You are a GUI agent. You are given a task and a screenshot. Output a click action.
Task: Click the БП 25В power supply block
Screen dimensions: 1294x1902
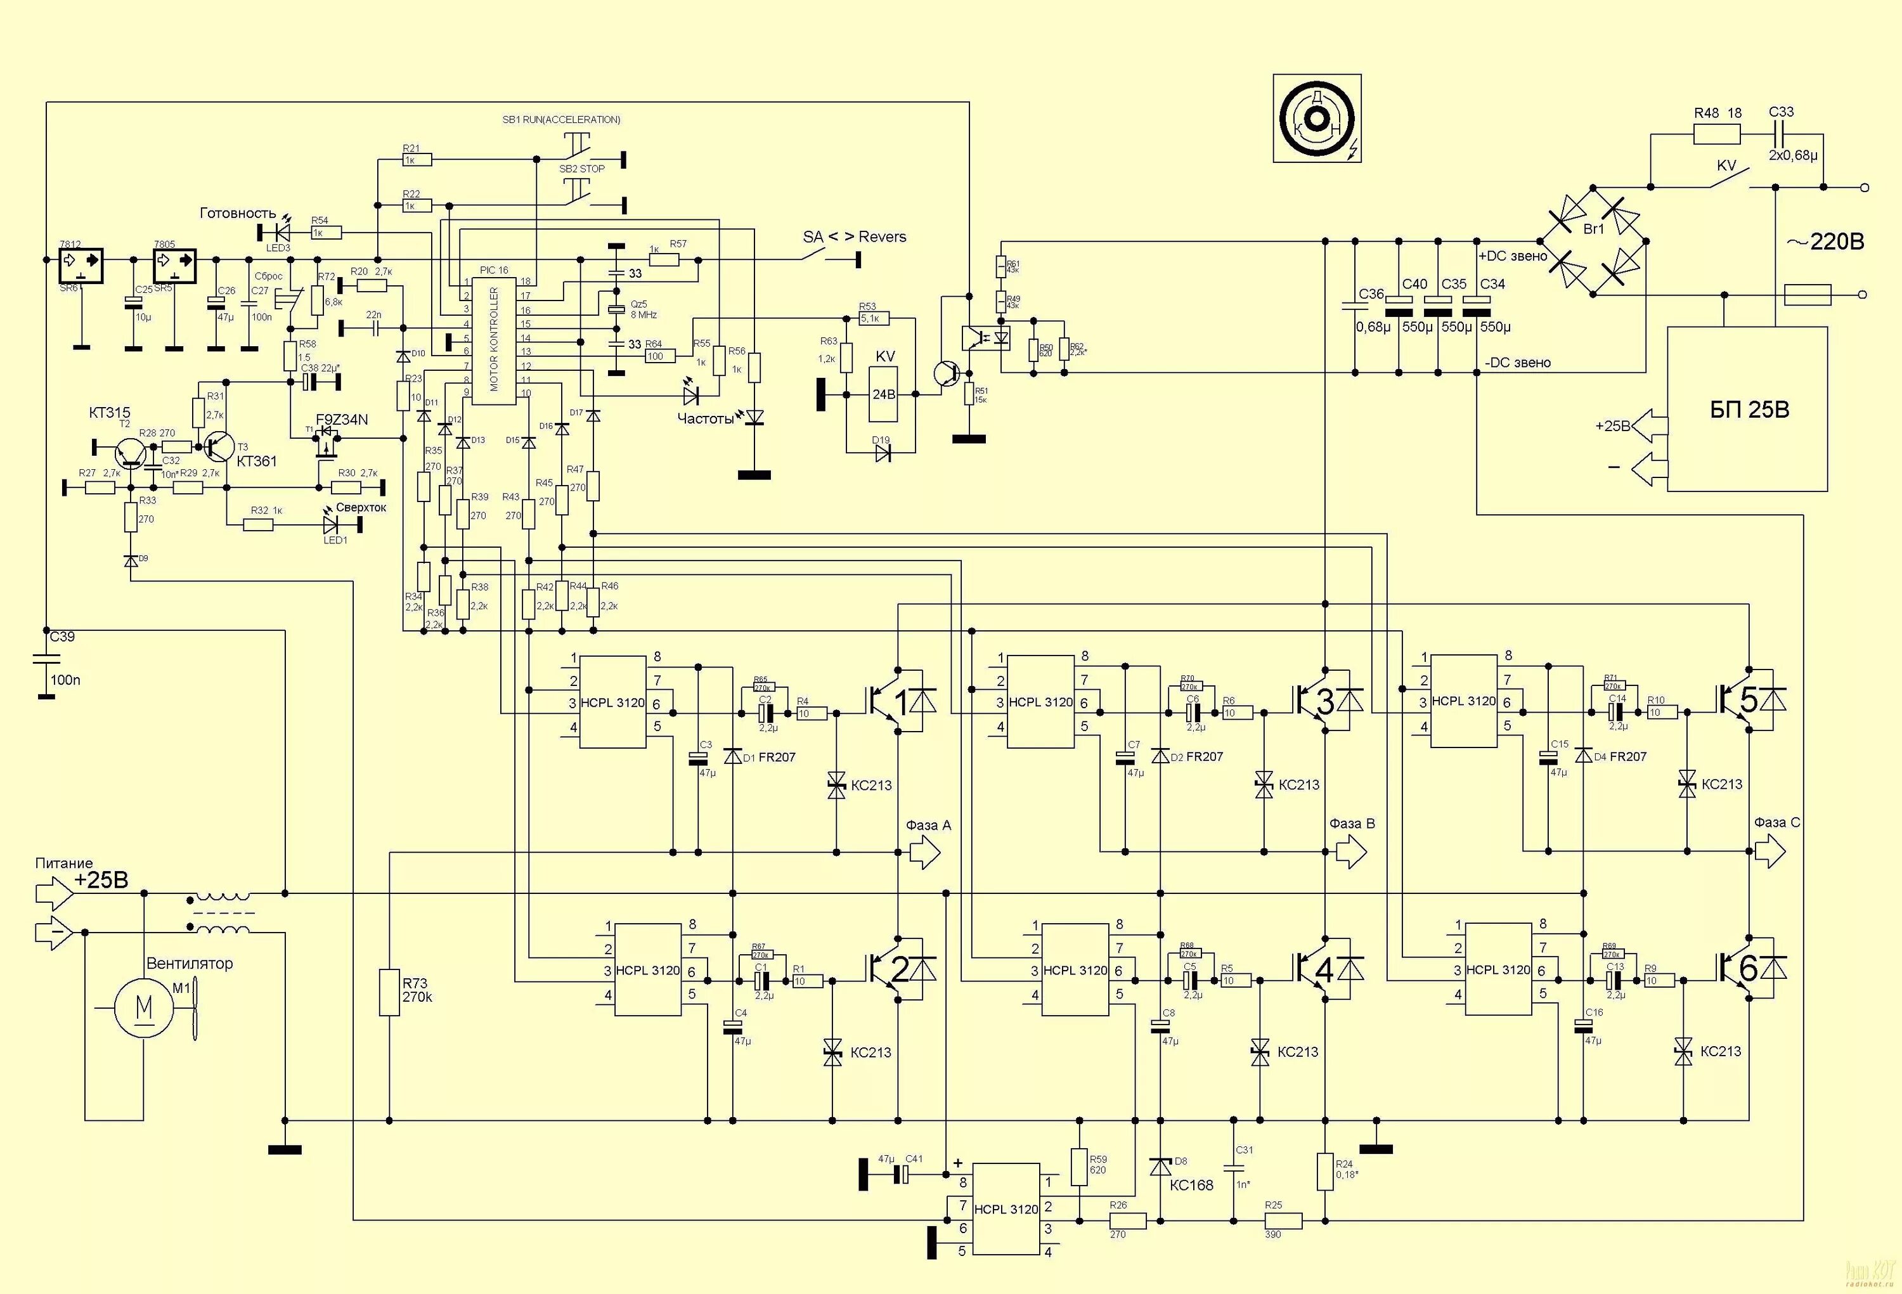pos(1747,409)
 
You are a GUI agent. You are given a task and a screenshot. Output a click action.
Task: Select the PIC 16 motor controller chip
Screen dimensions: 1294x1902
pos(493,340)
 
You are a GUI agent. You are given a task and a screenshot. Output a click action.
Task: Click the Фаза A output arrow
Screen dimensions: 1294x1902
pos(926,853)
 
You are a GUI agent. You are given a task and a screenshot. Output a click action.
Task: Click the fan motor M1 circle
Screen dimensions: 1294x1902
pos(144,1007)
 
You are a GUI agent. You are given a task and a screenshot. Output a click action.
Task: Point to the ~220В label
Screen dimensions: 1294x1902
pos(1825,242)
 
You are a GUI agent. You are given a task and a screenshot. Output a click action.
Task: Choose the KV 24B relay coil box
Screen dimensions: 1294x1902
pos(884,394)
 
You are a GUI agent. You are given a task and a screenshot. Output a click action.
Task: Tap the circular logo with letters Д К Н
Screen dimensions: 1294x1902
pos(1317,119)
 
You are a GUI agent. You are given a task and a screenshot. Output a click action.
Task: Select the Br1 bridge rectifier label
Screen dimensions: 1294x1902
pos(1593,229)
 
